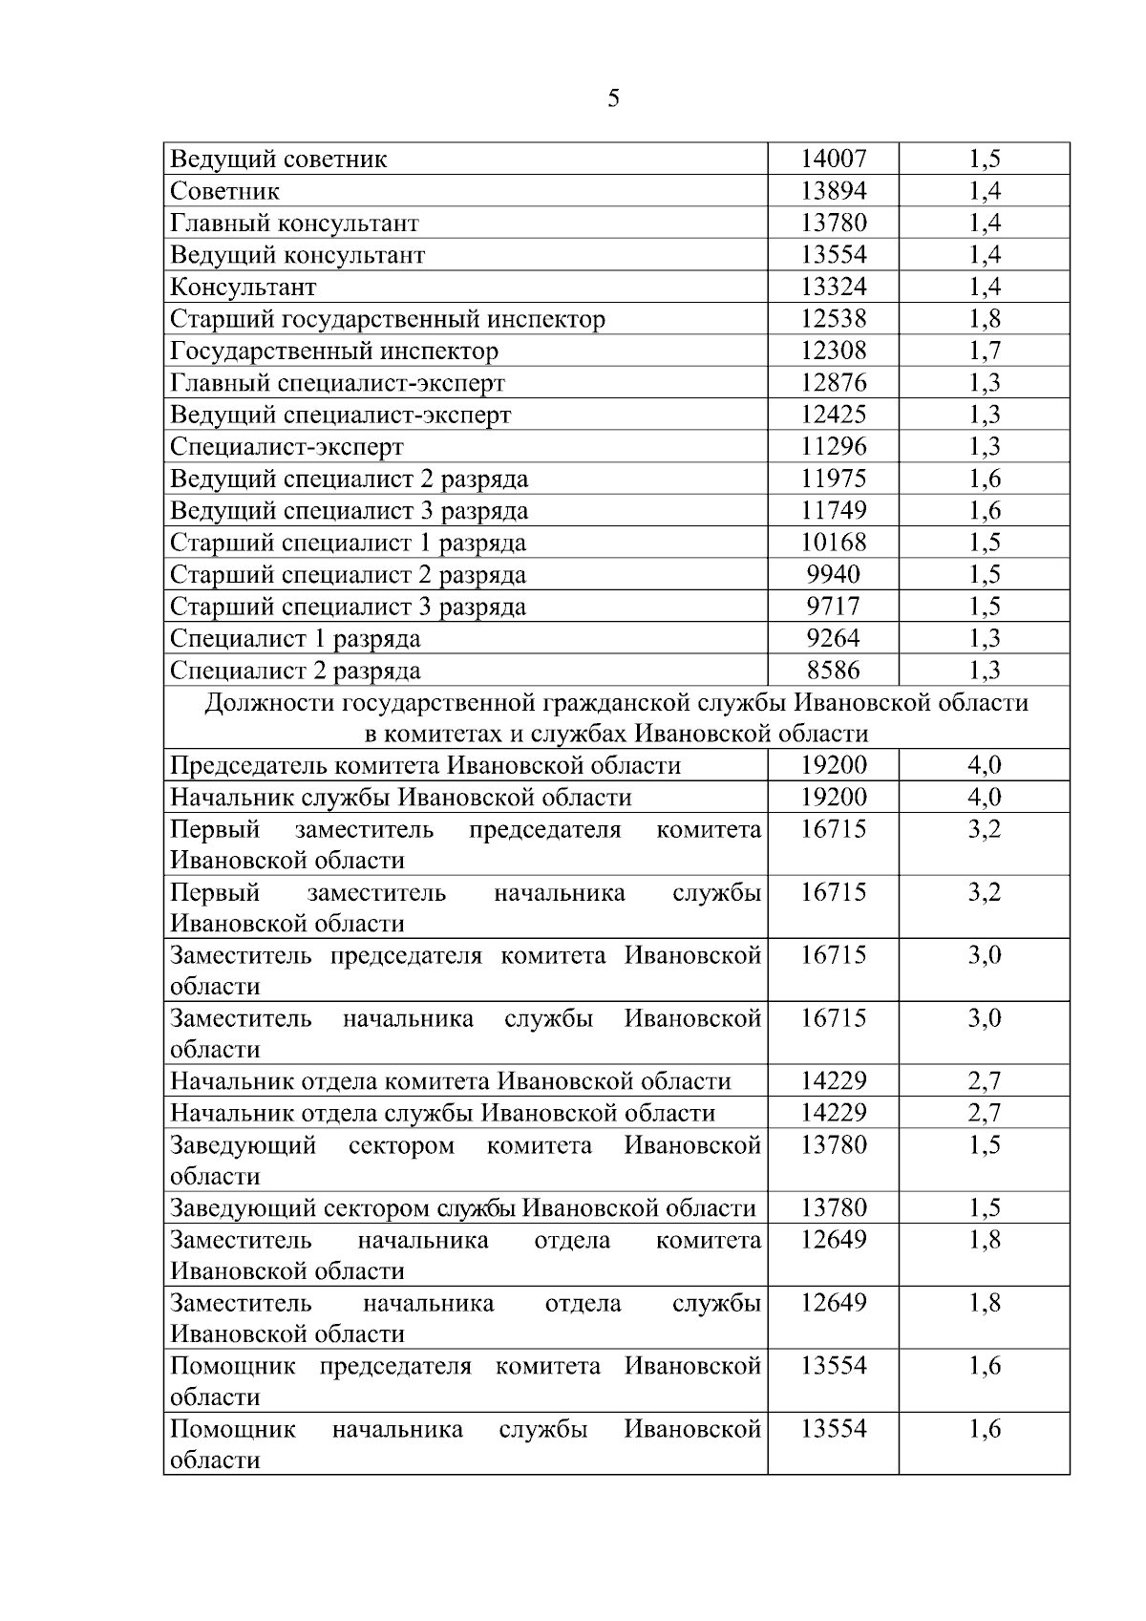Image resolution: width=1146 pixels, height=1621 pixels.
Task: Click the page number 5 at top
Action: pos(613,98)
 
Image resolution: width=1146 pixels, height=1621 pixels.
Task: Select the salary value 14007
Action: pos(833,159)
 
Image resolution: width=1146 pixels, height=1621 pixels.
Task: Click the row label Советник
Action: pos(225,191)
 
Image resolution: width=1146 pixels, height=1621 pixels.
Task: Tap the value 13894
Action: pos(833,191)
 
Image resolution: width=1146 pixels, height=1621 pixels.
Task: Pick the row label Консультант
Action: pos(243,287)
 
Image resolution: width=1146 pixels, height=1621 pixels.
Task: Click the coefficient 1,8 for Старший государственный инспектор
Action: pos(985,319)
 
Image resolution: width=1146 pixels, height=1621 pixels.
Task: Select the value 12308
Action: pos(833,351)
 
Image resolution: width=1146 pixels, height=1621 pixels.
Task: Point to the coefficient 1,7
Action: pos(985,351)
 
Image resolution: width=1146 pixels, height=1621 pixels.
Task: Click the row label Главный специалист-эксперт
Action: pos(337,383)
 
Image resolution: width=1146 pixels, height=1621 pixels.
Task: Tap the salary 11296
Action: pos(833,446)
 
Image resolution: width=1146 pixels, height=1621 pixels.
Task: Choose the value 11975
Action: pos(833,479)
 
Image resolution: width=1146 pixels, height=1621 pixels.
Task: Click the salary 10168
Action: pos(833,543)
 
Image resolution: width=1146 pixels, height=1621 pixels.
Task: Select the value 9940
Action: pos(833,574)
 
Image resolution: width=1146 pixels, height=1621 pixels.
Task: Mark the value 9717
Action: pos(833,607)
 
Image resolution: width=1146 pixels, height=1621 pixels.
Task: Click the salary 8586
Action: pos(833,670)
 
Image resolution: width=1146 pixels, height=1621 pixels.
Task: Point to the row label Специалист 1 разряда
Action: pos(295,638)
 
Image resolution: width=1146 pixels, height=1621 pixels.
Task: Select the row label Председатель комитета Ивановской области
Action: pos(425,765)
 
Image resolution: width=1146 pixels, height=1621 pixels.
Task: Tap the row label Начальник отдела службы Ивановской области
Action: pos(442,1113)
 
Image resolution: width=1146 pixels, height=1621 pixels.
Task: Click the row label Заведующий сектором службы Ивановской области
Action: pos(463,1208)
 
